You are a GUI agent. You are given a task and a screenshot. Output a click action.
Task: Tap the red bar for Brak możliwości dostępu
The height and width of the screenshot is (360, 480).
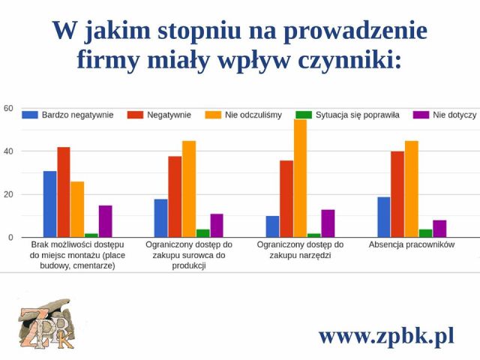(64, 192)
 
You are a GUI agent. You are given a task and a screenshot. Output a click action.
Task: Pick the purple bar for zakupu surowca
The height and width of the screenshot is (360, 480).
(217, 226)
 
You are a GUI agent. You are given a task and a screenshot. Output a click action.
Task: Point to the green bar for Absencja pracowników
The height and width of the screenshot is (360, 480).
(425, 233)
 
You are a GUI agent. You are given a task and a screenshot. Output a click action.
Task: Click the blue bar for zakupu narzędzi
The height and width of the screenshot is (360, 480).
(272, 226)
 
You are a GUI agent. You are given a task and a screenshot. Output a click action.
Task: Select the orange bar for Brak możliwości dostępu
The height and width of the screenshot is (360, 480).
(77, 209)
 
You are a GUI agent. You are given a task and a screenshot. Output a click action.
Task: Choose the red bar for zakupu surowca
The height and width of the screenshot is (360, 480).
(175, 196)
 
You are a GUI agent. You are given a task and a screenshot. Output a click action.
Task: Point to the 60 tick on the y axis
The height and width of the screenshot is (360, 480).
(8, 109)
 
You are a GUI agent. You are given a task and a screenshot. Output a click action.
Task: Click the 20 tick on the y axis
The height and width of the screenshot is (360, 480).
(8, 195)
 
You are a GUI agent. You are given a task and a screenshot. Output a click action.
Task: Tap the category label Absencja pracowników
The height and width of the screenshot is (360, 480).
(412, 245)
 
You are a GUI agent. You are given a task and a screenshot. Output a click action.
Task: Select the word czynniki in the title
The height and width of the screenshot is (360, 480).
(335, 59)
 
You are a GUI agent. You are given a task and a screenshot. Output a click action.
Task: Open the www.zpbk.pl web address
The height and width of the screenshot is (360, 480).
(386, 335)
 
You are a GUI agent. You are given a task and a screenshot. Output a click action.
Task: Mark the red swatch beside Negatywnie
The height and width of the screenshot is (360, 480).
(135, 115)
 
